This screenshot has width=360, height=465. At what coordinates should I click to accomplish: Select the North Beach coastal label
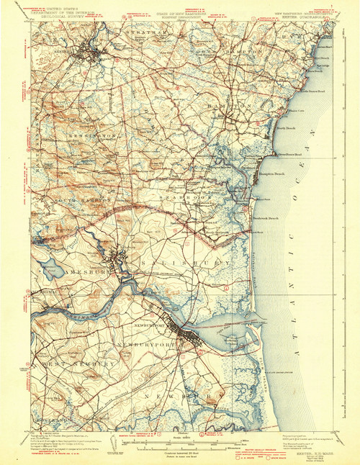click(285, 127)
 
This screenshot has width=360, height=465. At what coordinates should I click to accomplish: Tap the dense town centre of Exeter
click(91, 54)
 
